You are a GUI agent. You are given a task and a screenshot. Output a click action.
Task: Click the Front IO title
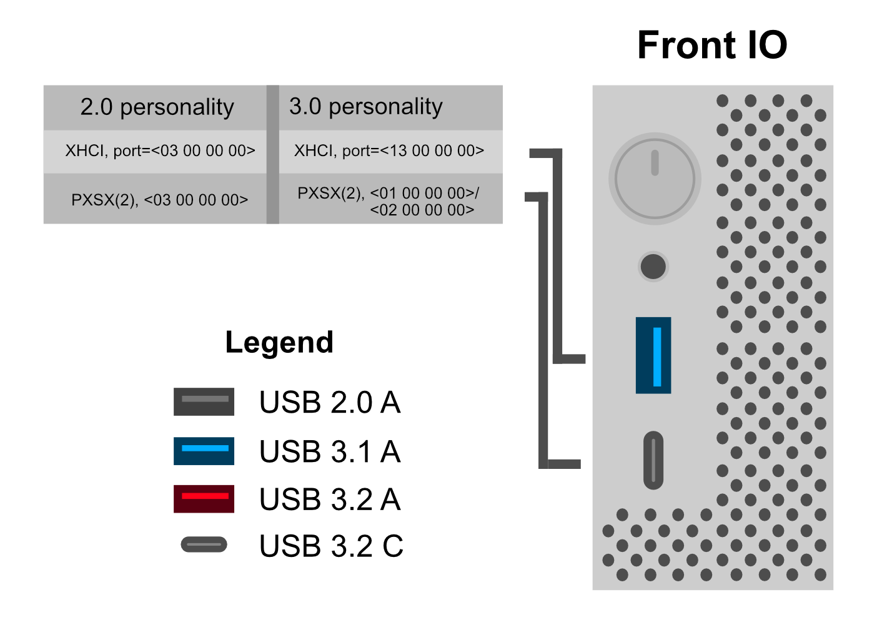[712, 46]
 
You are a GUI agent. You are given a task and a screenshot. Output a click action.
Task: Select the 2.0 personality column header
[157, 107]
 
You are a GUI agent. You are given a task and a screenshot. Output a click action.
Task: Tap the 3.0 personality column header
[366, 107]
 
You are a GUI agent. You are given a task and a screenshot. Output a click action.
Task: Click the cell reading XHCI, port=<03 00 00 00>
[160, 151]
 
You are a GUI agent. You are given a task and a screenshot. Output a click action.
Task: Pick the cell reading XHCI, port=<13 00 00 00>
[389, 151]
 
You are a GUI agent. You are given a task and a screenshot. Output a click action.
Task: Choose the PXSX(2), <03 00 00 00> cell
[160, 200]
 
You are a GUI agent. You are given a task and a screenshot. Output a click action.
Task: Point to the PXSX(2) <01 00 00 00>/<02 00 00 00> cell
[389, 201]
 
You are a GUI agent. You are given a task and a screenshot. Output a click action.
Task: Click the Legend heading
[279, 342]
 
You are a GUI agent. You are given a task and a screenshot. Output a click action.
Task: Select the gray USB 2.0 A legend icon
[204, 402]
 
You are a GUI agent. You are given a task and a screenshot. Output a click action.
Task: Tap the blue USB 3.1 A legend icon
[204, 451]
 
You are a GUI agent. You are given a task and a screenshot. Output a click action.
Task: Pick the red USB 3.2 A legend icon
[204, 499]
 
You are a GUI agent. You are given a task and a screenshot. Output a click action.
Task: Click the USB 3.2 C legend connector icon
[204, 545]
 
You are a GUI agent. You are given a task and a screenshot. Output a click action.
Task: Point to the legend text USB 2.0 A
[330, 402]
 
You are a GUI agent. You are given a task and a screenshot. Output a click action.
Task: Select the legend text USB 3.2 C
[331, 546]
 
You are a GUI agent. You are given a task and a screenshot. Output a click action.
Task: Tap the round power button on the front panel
[655, 179]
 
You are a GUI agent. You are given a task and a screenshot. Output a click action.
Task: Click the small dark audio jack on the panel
[653, 267]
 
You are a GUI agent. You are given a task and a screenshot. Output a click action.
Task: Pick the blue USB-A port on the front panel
[653, 355]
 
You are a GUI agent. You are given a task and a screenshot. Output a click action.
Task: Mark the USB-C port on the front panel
[653, 460]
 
